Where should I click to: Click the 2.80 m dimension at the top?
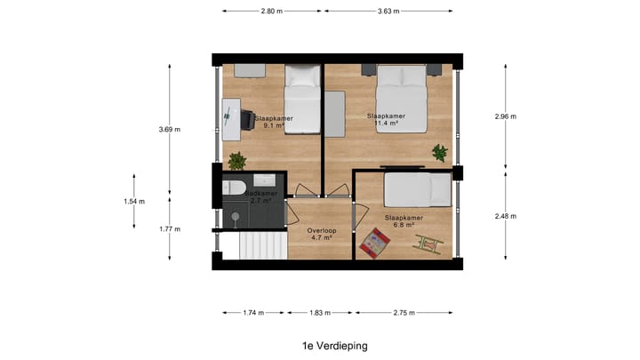click(273, 12)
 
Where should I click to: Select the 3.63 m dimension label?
click(388, 12)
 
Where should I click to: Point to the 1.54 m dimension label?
click(134, 201)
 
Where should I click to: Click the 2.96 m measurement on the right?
click(507, 116)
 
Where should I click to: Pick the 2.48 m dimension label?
click(507, 216)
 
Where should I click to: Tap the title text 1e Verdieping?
click(334, 346)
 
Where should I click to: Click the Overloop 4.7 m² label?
click(320, 234)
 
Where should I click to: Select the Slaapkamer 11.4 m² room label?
click(386, 120)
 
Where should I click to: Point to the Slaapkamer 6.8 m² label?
click(404, 221)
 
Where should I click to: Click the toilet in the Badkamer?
click(234, 188)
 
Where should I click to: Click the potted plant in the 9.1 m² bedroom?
click(237, 161)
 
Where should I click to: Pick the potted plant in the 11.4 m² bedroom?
click(439, 153)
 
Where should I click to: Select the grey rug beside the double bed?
click(334, 114)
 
